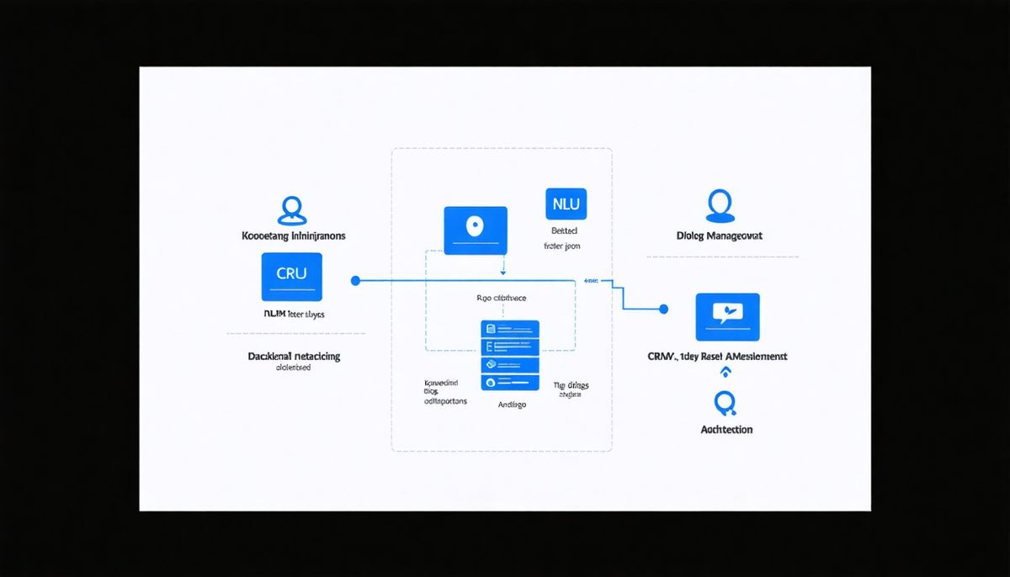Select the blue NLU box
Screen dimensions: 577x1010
click(566, 204)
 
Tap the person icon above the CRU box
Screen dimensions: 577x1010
click(291, 210)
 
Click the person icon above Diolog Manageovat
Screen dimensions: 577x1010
click(719, 206)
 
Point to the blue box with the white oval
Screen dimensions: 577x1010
click(476, 230)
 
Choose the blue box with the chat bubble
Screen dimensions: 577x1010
click(727, 316)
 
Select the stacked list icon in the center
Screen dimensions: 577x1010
click(509, 354)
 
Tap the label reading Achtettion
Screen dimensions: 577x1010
click(726, 430)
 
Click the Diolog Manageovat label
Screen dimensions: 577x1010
click(719, 236)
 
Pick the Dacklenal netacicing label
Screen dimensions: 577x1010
click(294, 357)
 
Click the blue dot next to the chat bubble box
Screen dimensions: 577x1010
click(664, 310)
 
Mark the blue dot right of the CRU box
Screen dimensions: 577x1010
click(355, 280)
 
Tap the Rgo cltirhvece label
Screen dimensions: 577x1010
click(500, 298)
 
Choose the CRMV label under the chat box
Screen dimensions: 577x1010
click(664, 357)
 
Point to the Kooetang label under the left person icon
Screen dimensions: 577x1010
click(265, 236)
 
